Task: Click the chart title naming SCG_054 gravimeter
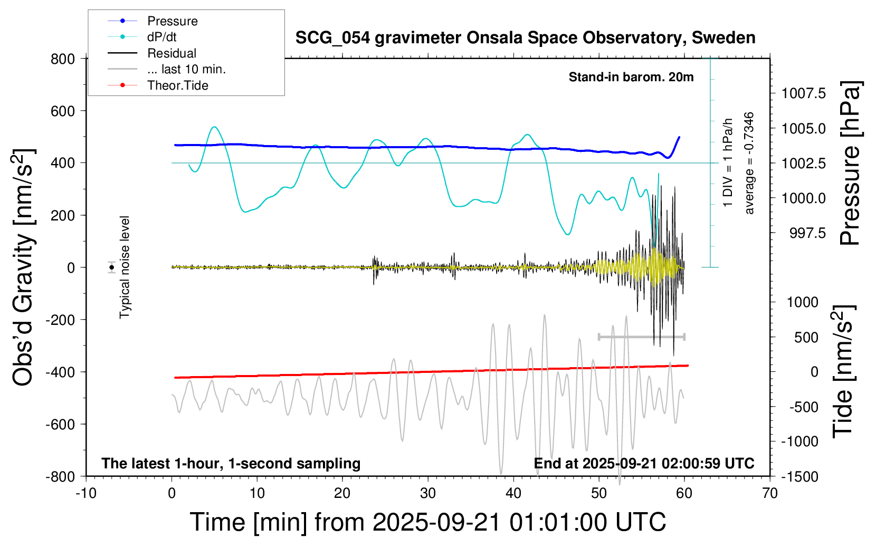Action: pyautogui.click(x=525, y=38)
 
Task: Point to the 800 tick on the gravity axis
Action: pyautogui.click(x=63, y=59)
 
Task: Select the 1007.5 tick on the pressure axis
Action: pyautogui.click(x=803, y=94)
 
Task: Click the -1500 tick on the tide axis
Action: pyautogui.click(x=799, y=476)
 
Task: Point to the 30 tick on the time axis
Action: pyautogui.click(x=427, y=494)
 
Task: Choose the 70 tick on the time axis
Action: pyautogui.click(x=770, y=494)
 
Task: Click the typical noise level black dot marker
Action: pyautogui.click(x=112, y=267)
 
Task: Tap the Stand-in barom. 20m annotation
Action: pyautogui.click(x=631, y=77)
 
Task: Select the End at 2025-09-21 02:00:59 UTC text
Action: pyautogui.click(x=644, y=464)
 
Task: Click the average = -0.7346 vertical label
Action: pyautogui.click(x=749, y=163)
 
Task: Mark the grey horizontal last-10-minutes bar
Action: pyautogui.click(x=641, y=337)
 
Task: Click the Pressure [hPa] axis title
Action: pyautogui.click(x=850, y=163)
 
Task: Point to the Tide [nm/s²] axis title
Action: pyautogui.click(x=842, y=371)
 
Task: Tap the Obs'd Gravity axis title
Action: pyautogui.click(x=23, y=267)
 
